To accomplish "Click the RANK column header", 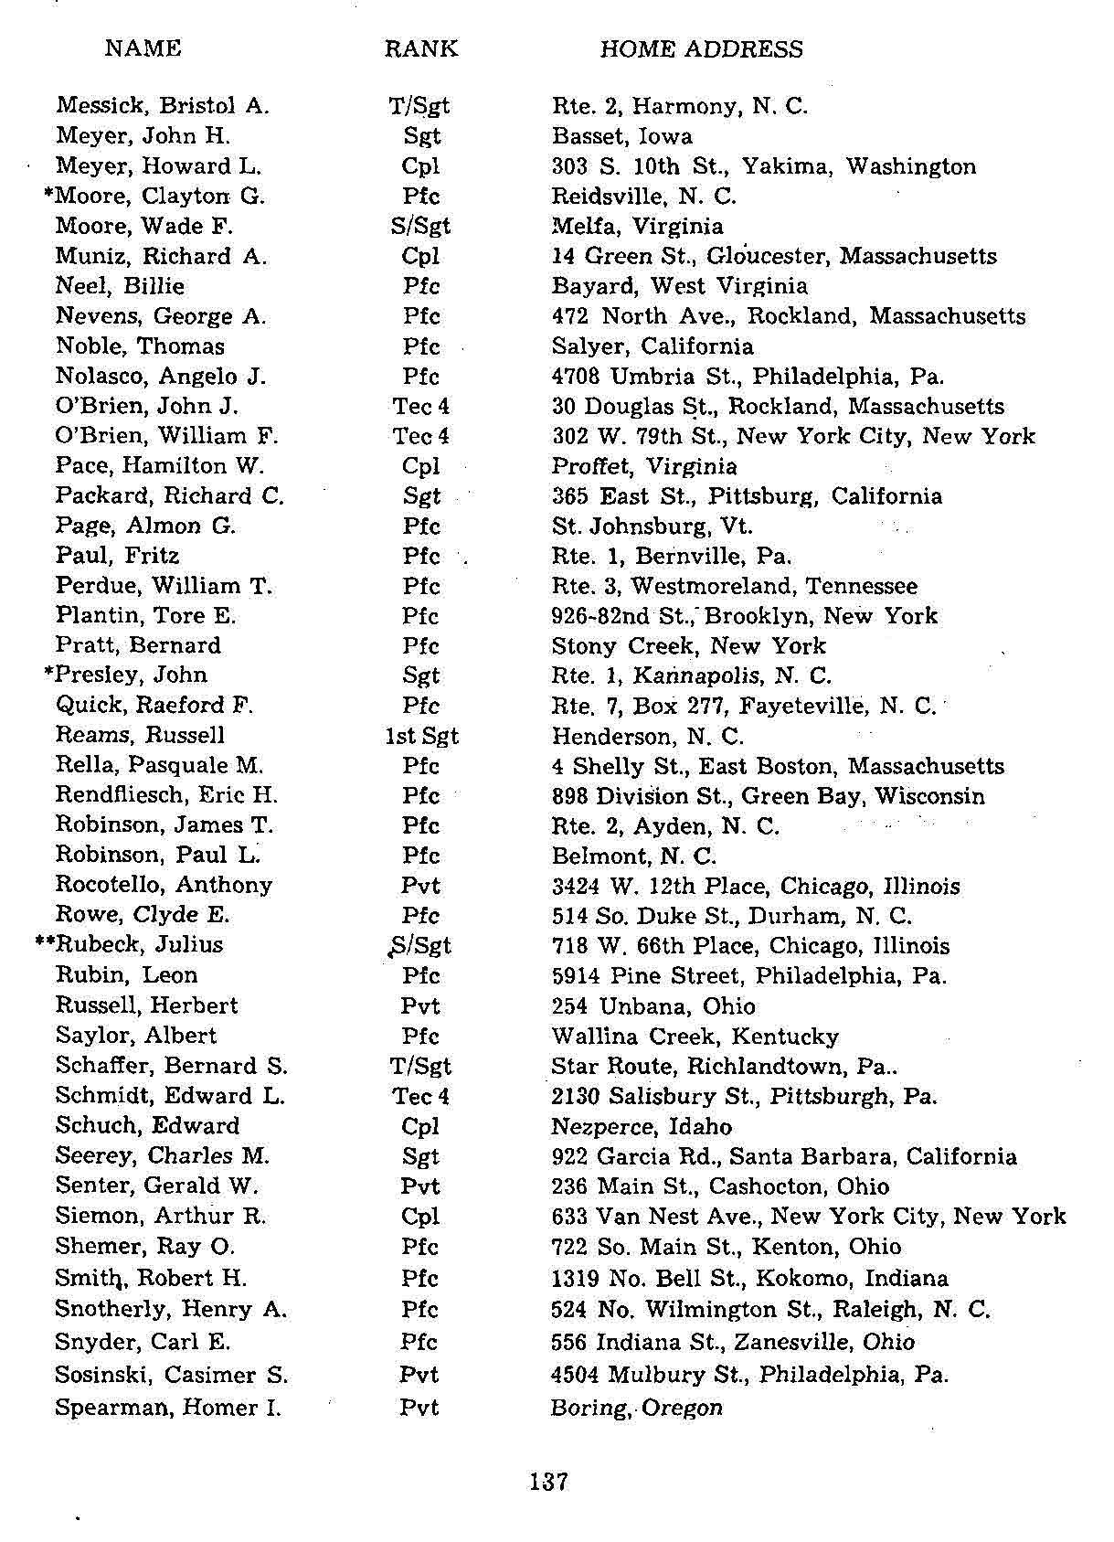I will pos(420,48).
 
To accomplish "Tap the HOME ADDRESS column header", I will pos(701,49).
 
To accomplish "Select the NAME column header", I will pos(143,48).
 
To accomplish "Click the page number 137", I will pos(548,1482).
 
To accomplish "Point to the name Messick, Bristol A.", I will pos(163,106).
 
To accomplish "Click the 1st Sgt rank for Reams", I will pos(421,736).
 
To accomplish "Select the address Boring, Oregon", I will pos(637,1408).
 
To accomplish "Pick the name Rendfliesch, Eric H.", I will pos(166,795).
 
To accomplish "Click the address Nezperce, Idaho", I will pos(642,1126).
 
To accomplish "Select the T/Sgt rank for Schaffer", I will pos(420,1066).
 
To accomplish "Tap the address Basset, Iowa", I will pos(622,136).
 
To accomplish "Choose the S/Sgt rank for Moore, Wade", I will pos(420,226).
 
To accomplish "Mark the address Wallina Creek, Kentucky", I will pos(695,1037).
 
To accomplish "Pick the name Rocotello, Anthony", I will pos(164,885).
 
